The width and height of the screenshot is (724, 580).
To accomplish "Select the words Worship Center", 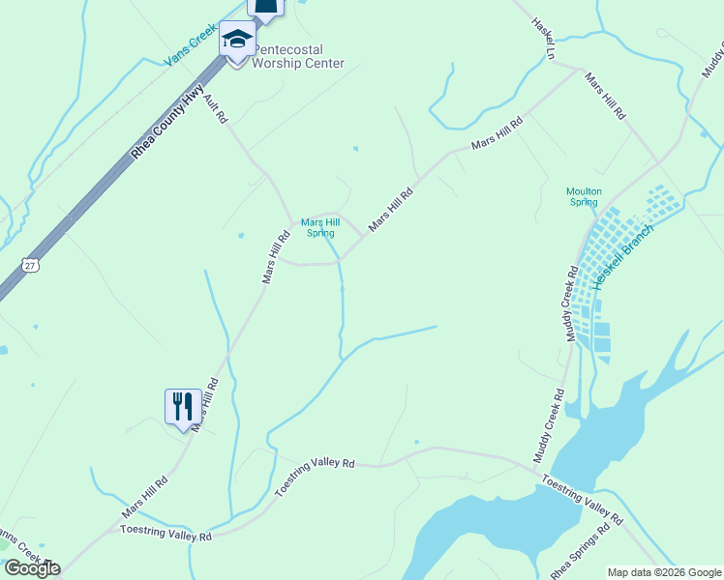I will tap(298, 63).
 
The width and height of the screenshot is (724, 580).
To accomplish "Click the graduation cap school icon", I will tap(236, 40).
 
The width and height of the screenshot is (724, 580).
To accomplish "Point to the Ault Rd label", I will tap(215, 107).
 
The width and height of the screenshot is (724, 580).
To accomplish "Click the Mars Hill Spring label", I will tap(319, 226).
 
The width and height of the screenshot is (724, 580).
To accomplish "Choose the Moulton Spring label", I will tap(584, 197).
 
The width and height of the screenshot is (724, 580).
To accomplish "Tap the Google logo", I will tap(31, 568).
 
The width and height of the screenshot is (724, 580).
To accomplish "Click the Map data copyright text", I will tap(664, 572).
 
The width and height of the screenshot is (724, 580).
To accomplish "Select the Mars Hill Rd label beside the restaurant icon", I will tap(205, 403).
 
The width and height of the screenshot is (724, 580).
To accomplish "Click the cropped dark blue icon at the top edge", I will tap(266, 8).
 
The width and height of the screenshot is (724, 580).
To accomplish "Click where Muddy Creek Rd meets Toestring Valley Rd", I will tap(535, 468).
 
